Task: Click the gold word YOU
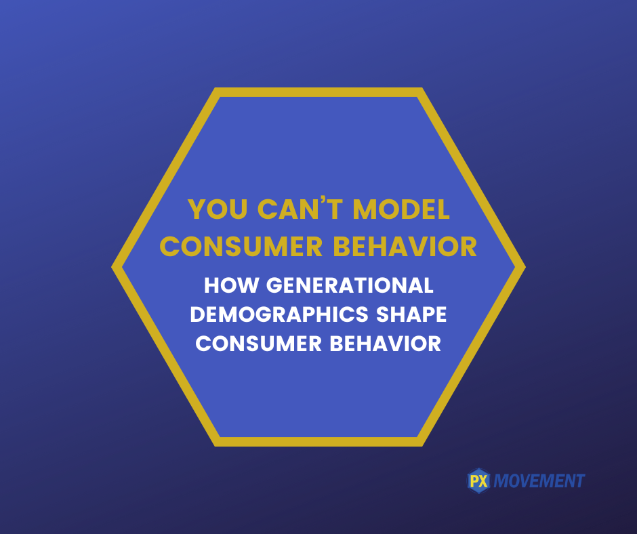[218, 209]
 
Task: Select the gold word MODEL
[401, 209]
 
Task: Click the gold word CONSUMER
[241, 246]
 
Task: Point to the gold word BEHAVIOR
[405, 246]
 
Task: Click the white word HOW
[231, 285]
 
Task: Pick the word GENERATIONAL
[350, 285]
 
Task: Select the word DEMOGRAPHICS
[279, 314]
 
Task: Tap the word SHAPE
[411, 314]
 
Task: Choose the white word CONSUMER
[259, 344]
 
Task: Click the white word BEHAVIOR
[386, 344]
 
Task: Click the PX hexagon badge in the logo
[479, 481]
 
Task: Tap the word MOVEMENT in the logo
[539, 481]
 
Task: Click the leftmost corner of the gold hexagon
[111, 267]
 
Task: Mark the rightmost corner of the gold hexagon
[526, 267]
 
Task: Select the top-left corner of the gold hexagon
[215, 87]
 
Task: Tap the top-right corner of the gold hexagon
[422, 87]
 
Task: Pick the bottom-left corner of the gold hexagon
[215, 447]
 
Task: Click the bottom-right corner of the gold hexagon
[422, 447]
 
